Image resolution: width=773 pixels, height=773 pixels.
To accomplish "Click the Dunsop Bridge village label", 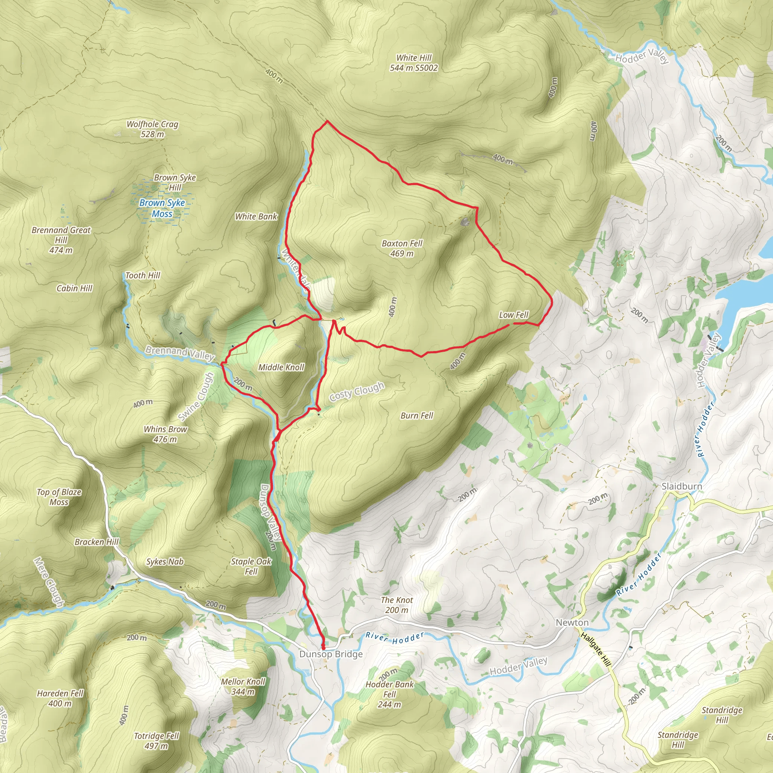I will tap(331, 654).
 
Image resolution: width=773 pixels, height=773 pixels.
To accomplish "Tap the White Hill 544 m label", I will tap(414, 63).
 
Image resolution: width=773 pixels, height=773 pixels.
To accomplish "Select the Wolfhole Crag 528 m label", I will tap(152, 129).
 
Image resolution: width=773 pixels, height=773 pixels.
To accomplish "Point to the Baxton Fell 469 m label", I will tap(402, 248).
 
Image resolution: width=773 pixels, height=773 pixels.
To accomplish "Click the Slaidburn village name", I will tap(681, 486).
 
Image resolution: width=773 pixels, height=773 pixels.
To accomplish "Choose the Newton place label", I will tap(572, 622).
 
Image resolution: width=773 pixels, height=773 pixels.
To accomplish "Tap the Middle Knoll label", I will tap(281, 367).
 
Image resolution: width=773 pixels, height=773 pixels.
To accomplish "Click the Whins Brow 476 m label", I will tap(165, 434).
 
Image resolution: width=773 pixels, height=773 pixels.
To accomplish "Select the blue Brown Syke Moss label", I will tap(162, 208).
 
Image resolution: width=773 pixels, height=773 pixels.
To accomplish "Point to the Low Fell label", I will tap(513, 315).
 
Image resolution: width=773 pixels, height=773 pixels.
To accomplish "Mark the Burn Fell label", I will tap(417, 415).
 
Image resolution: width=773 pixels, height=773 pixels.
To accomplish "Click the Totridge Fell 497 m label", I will tap(156, 741).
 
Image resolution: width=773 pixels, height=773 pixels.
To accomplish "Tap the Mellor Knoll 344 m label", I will tap(243, 686).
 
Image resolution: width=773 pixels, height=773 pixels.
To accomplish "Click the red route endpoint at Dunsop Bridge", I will tap(323, 647).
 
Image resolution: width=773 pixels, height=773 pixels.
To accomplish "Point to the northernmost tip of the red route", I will tap(327, 120).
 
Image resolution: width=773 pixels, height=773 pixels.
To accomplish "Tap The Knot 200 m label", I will tap(397, 605).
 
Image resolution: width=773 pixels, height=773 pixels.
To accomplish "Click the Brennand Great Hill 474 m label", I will tap(61, 240).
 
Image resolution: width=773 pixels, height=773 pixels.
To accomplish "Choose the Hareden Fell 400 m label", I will tap(60, 698).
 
